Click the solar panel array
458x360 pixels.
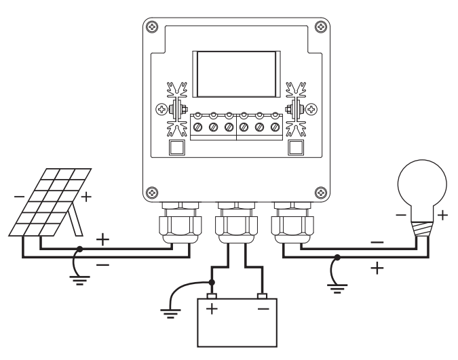point(50,202)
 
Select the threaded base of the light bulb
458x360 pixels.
point(422,229)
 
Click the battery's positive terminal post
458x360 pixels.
point(212,296)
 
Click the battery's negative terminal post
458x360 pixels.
point(263,296)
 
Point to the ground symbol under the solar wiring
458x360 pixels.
point(79,280)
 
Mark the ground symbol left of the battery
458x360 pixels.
point(170,313)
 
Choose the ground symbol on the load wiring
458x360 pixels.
point(337,288)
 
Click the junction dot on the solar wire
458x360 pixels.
point(79,249)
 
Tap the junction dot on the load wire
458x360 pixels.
point(337,257)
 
